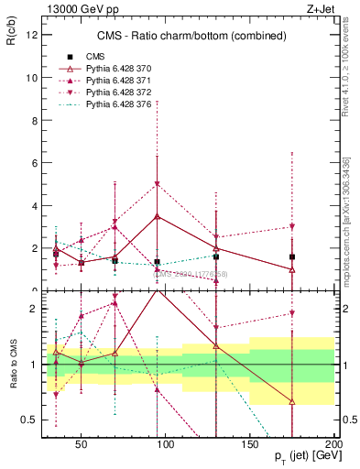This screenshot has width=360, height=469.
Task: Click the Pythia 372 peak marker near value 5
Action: (158, 184)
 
